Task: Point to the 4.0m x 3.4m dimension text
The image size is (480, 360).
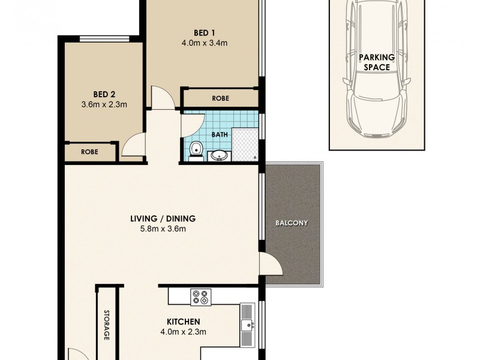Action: (x=204, y=43)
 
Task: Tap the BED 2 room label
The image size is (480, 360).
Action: (x=104, y=94)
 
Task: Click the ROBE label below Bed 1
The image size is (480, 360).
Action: (x=220, y=98)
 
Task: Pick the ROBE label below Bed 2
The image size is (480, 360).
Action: (x=90, y=152)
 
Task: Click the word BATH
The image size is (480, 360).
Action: (x=220, y=134)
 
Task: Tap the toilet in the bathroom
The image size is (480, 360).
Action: (x=195, y=150)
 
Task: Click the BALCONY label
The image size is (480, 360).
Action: (x=292, y=223)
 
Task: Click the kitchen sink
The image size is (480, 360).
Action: (x=247, y=326)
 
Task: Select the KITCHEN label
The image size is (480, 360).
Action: (x=180, y=322)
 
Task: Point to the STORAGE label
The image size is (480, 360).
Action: (x=107, y=325)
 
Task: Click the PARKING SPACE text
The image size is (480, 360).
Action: (x=377, y=62)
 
